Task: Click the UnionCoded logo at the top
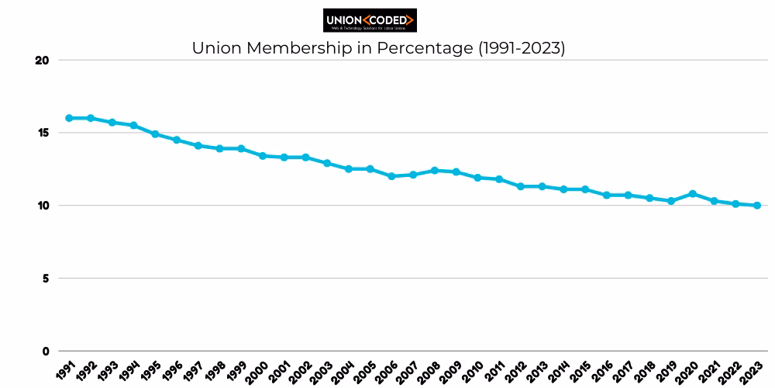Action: (370, 19)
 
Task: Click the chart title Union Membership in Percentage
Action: (379, 48)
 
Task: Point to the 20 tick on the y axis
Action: (43, 61)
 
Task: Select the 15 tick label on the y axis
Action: (43, 133)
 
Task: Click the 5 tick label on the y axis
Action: (46, 278)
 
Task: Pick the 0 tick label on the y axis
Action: (46, 351)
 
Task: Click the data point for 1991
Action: (69, 118)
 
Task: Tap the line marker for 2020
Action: (692, 194)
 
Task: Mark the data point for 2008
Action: (434, 171)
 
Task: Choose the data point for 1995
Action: (155, 134)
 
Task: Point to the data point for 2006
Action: (391, 176)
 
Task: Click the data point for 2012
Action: (520, 186)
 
